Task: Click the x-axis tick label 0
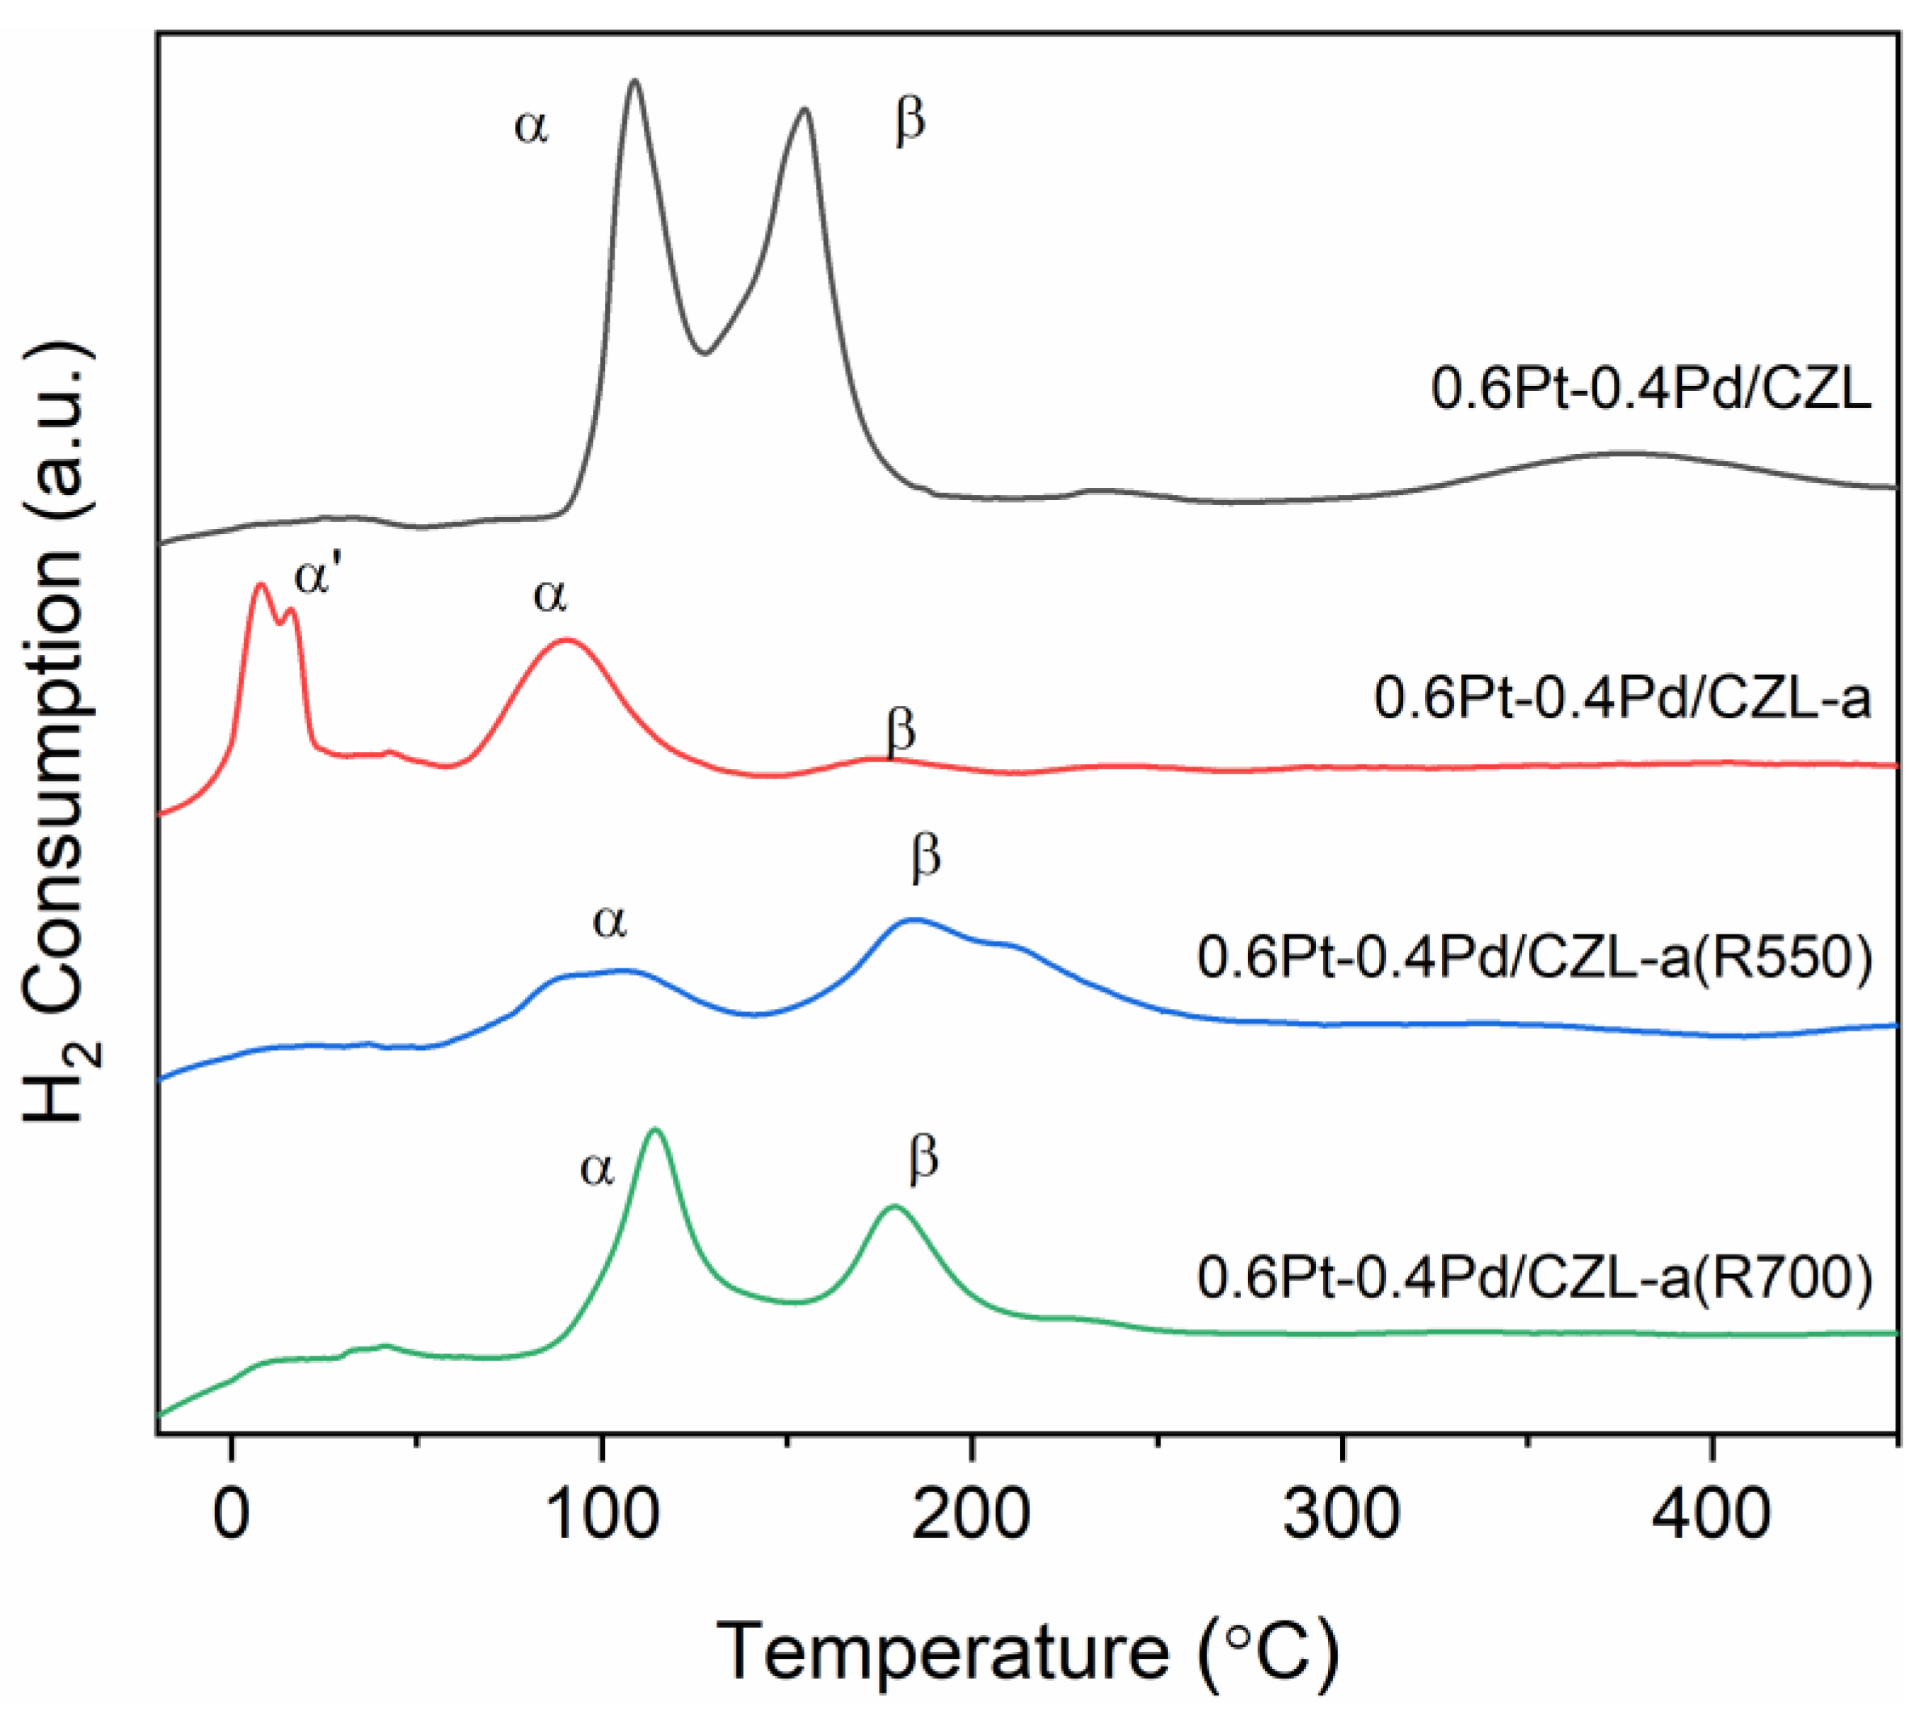231,1514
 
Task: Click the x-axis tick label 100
601,1514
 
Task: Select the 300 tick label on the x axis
1342,1514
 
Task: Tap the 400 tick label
1712,1514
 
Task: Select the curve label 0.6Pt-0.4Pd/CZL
1650,389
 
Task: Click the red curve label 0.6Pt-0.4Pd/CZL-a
1622,699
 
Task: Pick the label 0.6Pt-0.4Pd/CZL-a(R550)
1535,957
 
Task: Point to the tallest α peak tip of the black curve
634,82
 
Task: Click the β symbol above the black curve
910,122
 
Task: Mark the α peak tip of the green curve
655,1129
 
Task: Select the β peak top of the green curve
894,1206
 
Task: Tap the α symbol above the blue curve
610,921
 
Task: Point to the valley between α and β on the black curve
704,353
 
